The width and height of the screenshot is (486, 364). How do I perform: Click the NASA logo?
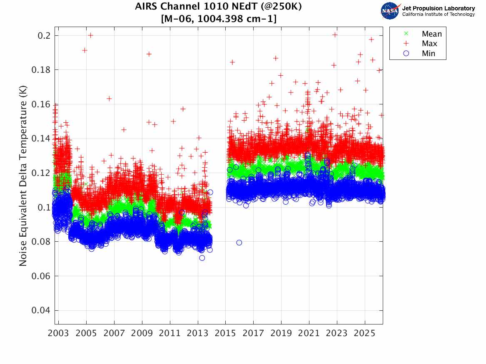pos(390,11)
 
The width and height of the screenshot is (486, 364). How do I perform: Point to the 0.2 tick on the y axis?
pos(44,36)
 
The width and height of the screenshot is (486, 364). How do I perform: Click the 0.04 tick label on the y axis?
pos(40,310)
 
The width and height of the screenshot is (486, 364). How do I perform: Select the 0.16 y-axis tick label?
pos(40,104)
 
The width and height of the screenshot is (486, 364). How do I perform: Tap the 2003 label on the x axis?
pos(58,333)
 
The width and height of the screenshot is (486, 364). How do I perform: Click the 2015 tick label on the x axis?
pos(225,333)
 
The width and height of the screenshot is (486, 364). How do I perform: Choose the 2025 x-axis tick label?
pos(364,333)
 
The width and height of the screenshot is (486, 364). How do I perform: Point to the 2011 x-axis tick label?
pos(169,333)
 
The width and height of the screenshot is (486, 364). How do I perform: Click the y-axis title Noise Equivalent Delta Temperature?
pos(23,176)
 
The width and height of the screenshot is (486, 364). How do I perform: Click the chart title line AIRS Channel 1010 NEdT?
pos(219,7)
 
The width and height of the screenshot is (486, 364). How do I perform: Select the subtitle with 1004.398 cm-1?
pos(219,19)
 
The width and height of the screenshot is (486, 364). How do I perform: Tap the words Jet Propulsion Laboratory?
pos(439,8)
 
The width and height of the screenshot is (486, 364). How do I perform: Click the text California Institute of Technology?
pos(439,14)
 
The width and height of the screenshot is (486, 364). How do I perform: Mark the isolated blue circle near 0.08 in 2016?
pos(239,243)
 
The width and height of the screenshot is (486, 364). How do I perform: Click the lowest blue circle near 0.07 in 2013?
pos(202,258)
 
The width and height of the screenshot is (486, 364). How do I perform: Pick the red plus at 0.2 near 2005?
pos(90,35)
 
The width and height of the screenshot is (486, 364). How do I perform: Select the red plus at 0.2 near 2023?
pos(335,35)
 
